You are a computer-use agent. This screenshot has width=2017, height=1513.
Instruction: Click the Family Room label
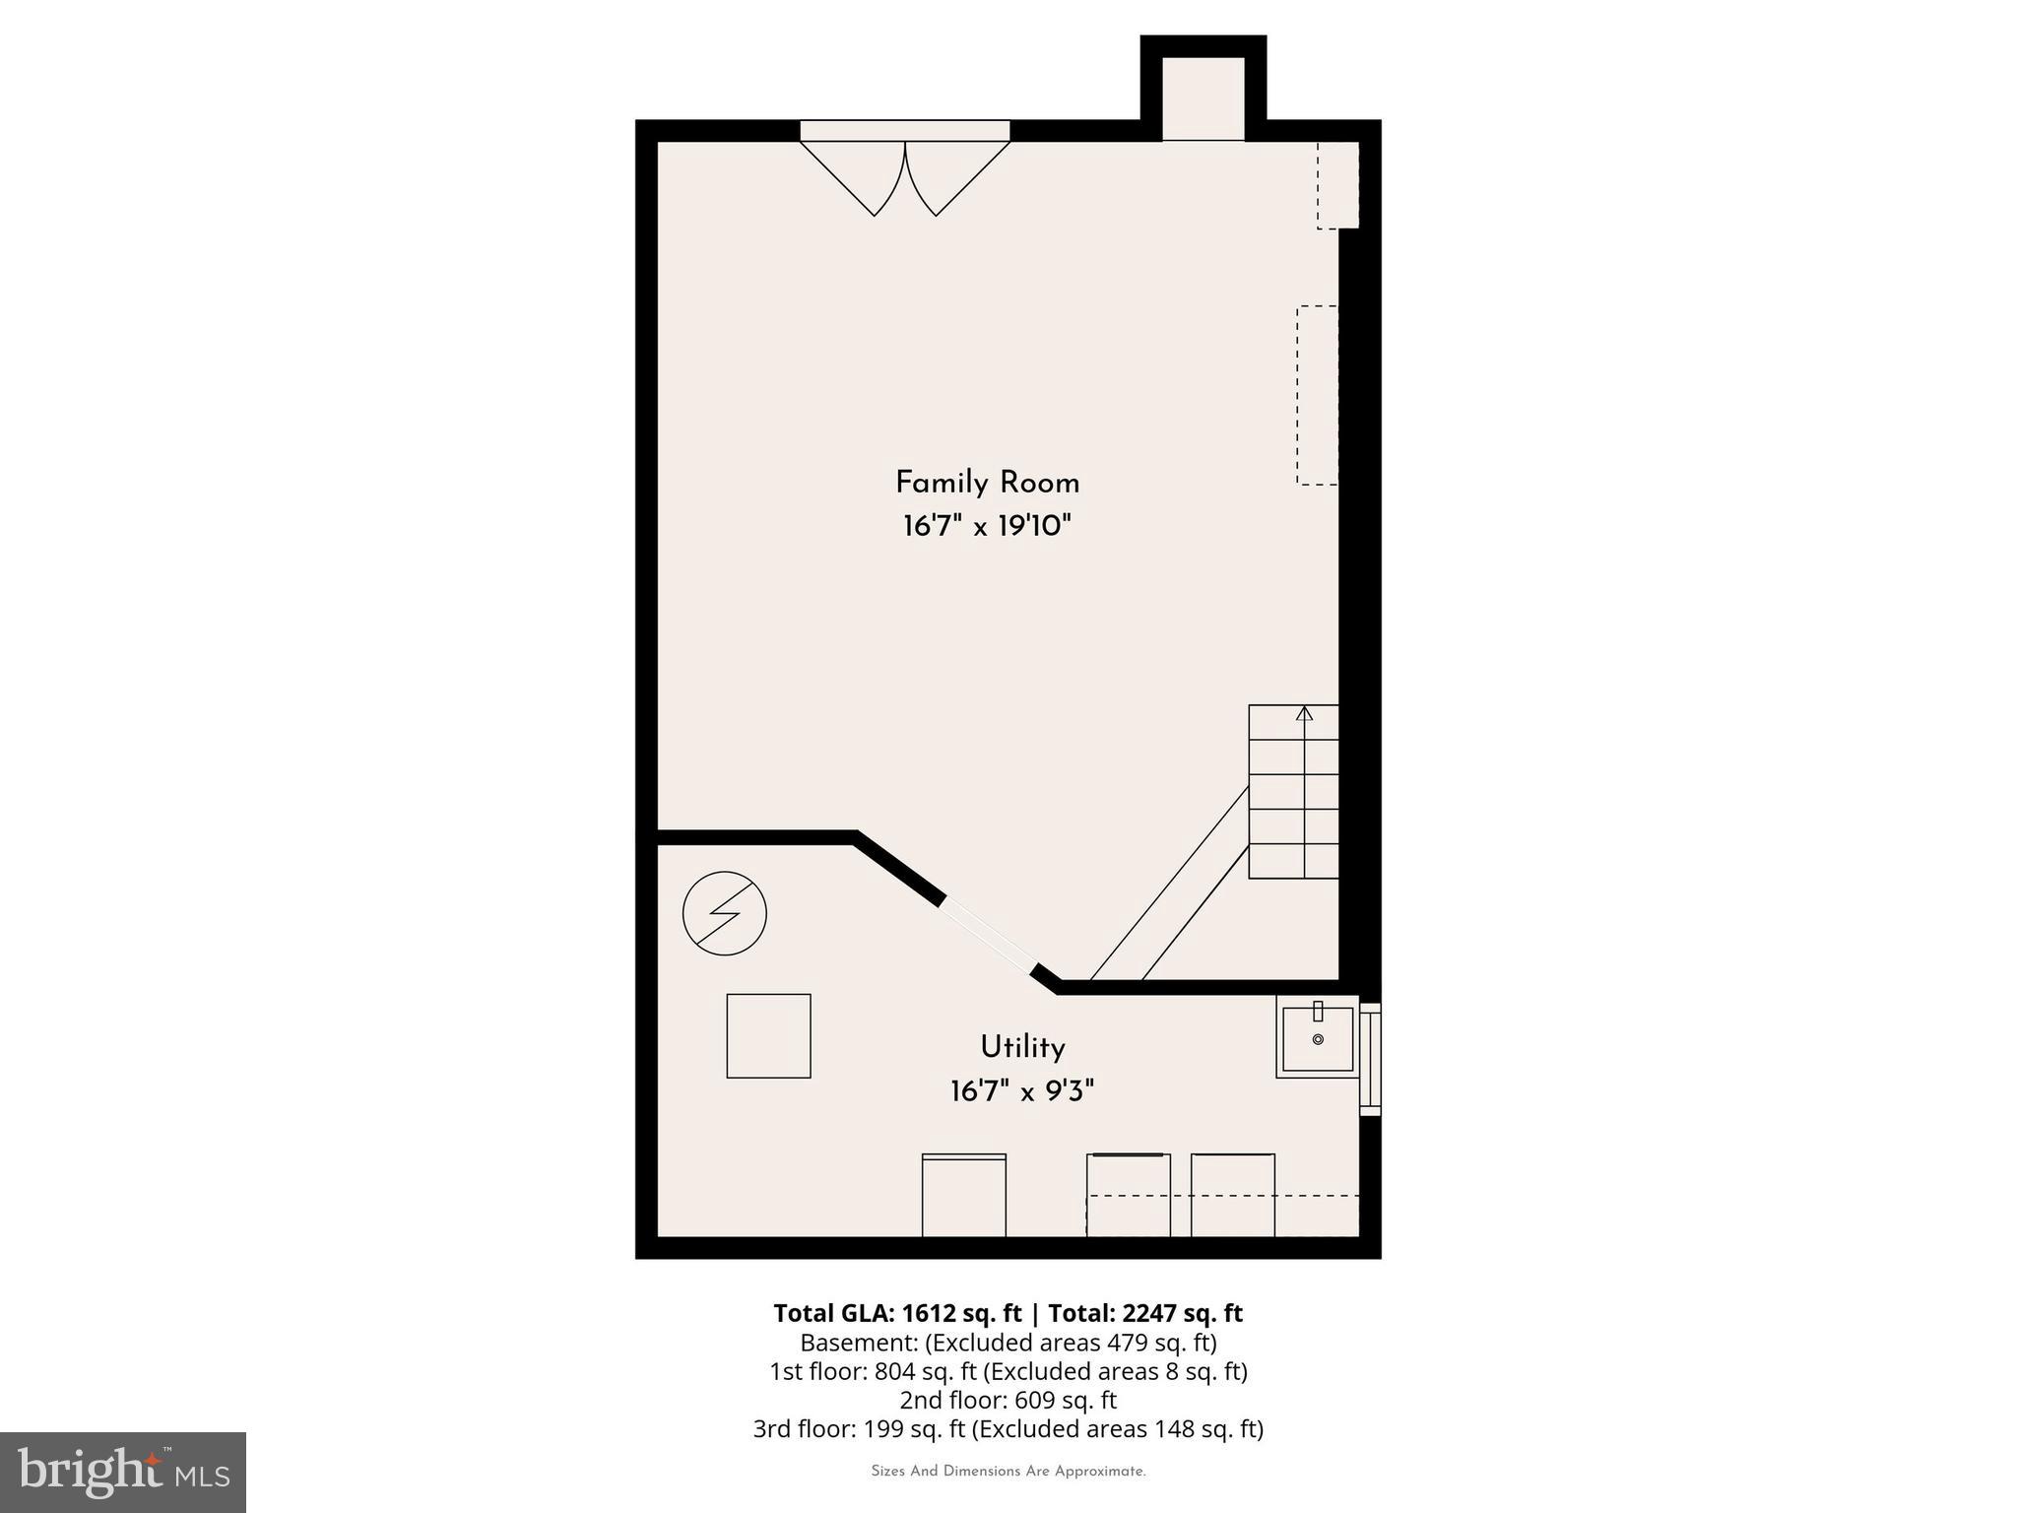[987, 483]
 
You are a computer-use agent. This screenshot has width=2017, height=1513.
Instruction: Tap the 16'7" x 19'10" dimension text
[987, 526]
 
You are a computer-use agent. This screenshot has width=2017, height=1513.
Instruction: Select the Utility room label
[1022, 1047]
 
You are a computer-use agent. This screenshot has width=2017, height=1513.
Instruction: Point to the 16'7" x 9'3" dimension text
[1022, 1091]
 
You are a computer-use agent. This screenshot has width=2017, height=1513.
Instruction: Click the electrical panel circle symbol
[725, 913]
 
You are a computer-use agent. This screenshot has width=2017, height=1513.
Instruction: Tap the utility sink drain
[1318, 1039]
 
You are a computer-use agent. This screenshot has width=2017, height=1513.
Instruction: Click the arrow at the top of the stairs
[1305, 713]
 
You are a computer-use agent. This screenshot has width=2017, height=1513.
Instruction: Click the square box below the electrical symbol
[768, 1035]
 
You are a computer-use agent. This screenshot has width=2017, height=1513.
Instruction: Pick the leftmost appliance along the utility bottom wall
[963, 1195]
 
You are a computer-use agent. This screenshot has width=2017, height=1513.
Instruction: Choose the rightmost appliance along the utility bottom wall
[1232, 1195]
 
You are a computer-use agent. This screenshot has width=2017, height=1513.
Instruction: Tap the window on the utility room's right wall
[1370, 1059]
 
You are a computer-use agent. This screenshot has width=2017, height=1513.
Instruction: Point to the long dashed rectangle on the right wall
[1317, 395]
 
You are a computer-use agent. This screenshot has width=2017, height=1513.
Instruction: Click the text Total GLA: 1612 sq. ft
[897, 1313]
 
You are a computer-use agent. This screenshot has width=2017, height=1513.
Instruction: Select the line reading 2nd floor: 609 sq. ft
[1008, 1400]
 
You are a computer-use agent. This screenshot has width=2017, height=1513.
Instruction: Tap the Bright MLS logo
[123, 1472]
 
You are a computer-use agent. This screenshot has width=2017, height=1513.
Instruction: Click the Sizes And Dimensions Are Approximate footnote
[1008, 1472]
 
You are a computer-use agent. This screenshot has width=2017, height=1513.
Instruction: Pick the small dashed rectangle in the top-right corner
[1337, 185]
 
